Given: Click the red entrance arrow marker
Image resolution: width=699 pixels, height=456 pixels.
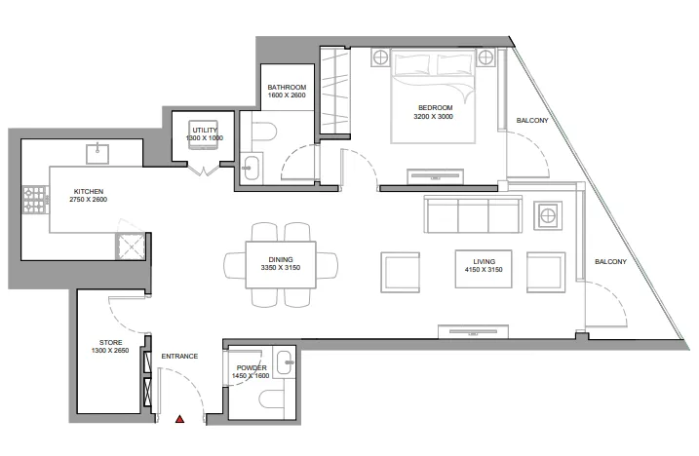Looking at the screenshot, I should (x=179, y=420).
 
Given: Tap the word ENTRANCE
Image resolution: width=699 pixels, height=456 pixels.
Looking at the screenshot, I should (x=179, y=357).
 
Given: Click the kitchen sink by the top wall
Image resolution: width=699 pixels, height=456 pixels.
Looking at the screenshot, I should (x=97, y=152).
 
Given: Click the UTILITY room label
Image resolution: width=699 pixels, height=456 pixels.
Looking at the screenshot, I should (x=205, y=130).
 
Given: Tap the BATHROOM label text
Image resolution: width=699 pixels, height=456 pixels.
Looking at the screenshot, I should (x=287, y=87).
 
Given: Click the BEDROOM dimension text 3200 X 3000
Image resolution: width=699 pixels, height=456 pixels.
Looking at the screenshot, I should (x=433, y=117).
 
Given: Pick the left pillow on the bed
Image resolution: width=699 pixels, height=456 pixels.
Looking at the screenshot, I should (x=413, y=64).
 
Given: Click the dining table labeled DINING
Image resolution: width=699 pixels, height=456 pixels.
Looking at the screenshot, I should (x=281, y=263).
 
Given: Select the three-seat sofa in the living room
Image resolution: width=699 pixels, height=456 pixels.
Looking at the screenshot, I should (x=471, y=214).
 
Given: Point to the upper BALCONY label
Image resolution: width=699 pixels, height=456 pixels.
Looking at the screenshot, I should (x=532, y=121).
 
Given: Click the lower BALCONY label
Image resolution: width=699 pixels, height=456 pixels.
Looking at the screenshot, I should (x=608, y=261).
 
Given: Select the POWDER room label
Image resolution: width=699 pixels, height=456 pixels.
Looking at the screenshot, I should (x=249, y=367).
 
